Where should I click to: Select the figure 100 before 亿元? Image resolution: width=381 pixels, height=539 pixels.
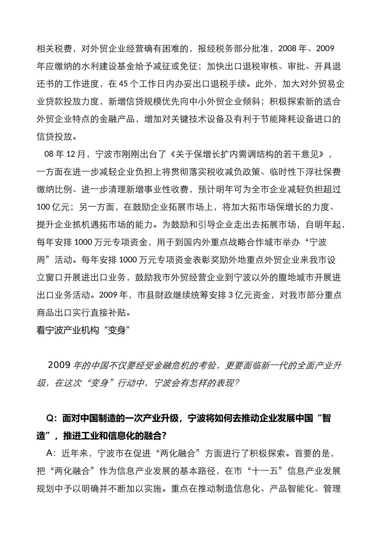tap(43, 207)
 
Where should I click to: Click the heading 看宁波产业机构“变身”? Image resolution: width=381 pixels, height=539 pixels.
tap(84, 330)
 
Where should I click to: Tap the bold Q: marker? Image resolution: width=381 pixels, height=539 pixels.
tap(52, 418)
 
